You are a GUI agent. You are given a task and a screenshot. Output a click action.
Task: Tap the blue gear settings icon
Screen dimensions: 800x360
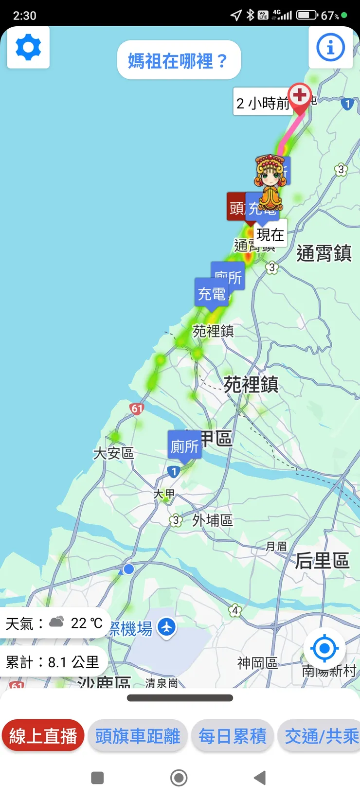28,47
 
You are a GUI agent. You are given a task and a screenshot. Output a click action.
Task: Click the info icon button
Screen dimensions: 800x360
330,47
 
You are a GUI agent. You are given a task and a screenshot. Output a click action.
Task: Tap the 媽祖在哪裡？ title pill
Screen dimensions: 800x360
179,60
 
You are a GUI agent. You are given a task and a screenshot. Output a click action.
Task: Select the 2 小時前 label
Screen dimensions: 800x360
262,103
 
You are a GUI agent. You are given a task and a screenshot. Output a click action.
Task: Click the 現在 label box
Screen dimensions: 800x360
270,234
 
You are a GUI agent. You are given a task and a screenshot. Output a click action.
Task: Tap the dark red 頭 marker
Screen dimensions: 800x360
236,207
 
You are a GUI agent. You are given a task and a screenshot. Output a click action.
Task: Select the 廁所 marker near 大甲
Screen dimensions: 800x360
184,445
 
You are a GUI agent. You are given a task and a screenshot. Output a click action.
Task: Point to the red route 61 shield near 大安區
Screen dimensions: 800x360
137,409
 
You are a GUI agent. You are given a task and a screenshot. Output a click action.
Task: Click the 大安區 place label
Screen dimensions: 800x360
113,453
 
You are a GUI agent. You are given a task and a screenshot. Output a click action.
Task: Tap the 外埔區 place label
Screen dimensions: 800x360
212,520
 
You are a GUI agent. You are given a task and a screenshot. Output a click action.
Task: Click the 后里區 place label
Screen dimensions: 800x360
322,561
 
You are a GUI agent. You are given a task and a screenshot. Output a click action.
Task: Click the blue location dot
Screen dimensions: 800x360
128,569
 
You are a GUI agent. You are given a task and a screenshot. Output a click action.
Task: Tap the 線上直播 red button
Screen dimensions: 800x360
43,736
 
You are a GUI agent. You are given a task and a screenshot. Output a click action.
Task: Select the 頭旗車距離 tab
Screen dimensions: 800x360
138,736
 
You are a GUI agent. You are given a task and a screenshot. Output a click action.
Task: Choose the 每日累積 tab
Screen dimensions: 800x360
233,736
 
